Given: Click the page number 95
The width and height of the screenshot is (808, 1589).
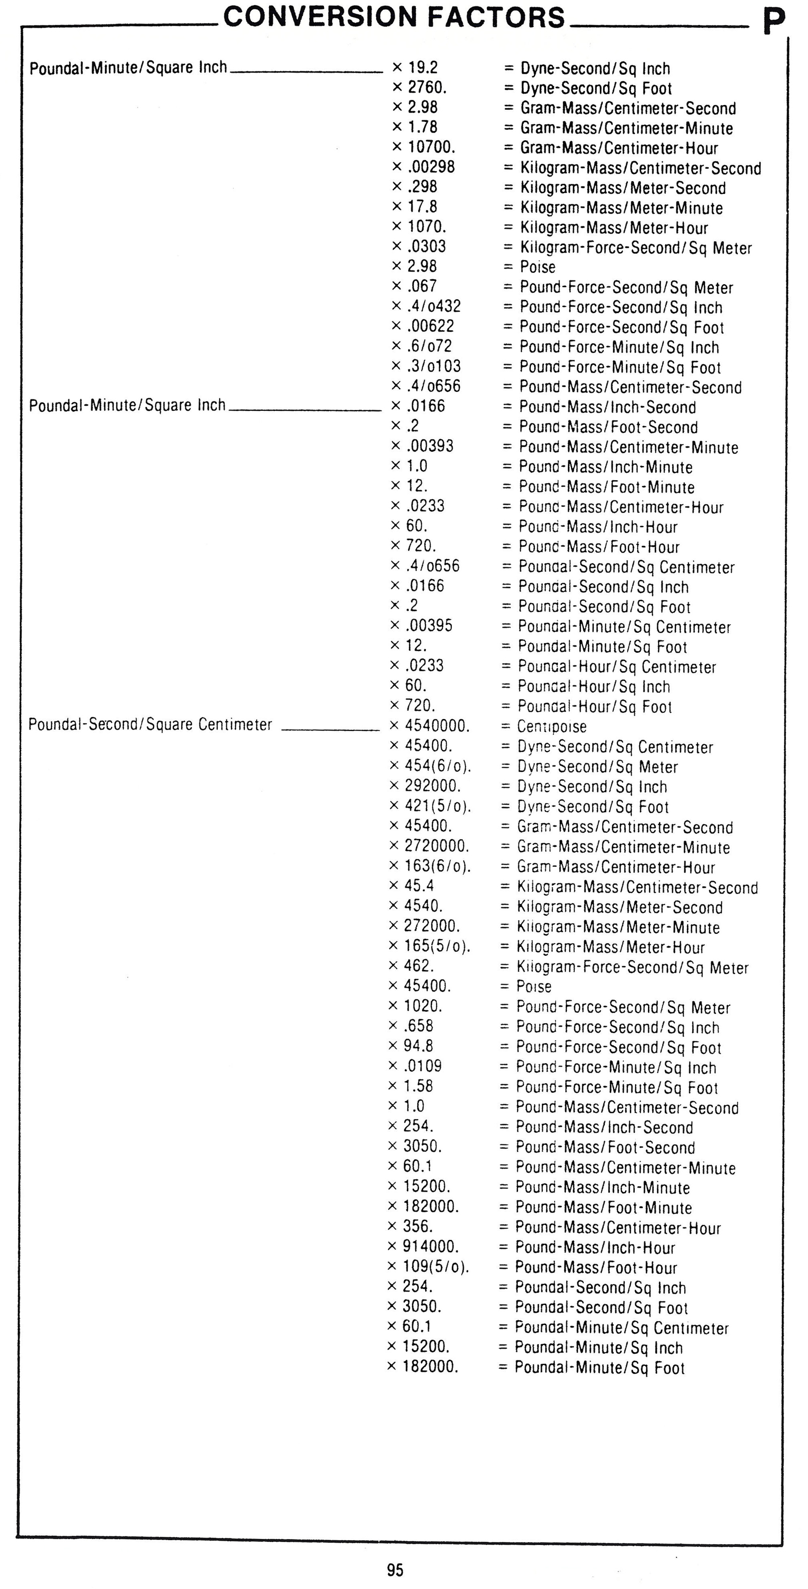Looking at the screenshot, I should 395,1570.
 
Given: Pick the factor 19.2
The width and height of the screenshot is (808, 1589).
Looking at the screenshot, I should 423,67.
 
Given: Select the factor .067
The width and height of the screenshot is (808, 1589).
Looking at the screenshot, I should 422,286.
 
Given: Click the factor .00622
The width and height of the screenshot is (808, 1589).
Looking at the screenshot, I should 430,326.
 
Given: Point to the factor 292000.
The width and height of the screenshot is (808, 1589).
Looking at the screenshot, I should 433,786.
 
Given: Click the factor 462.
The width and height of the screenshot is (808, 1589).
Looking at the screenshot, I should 419,965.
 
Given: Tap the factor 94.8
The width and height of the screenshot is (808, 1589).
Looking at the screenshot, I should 419,1046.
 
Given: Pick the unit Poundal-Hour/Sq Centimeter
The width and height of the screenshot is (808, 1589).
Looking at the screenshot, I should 617,667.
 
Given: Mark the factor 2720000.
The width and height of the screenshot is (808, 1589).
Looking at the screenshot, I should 436,846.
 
